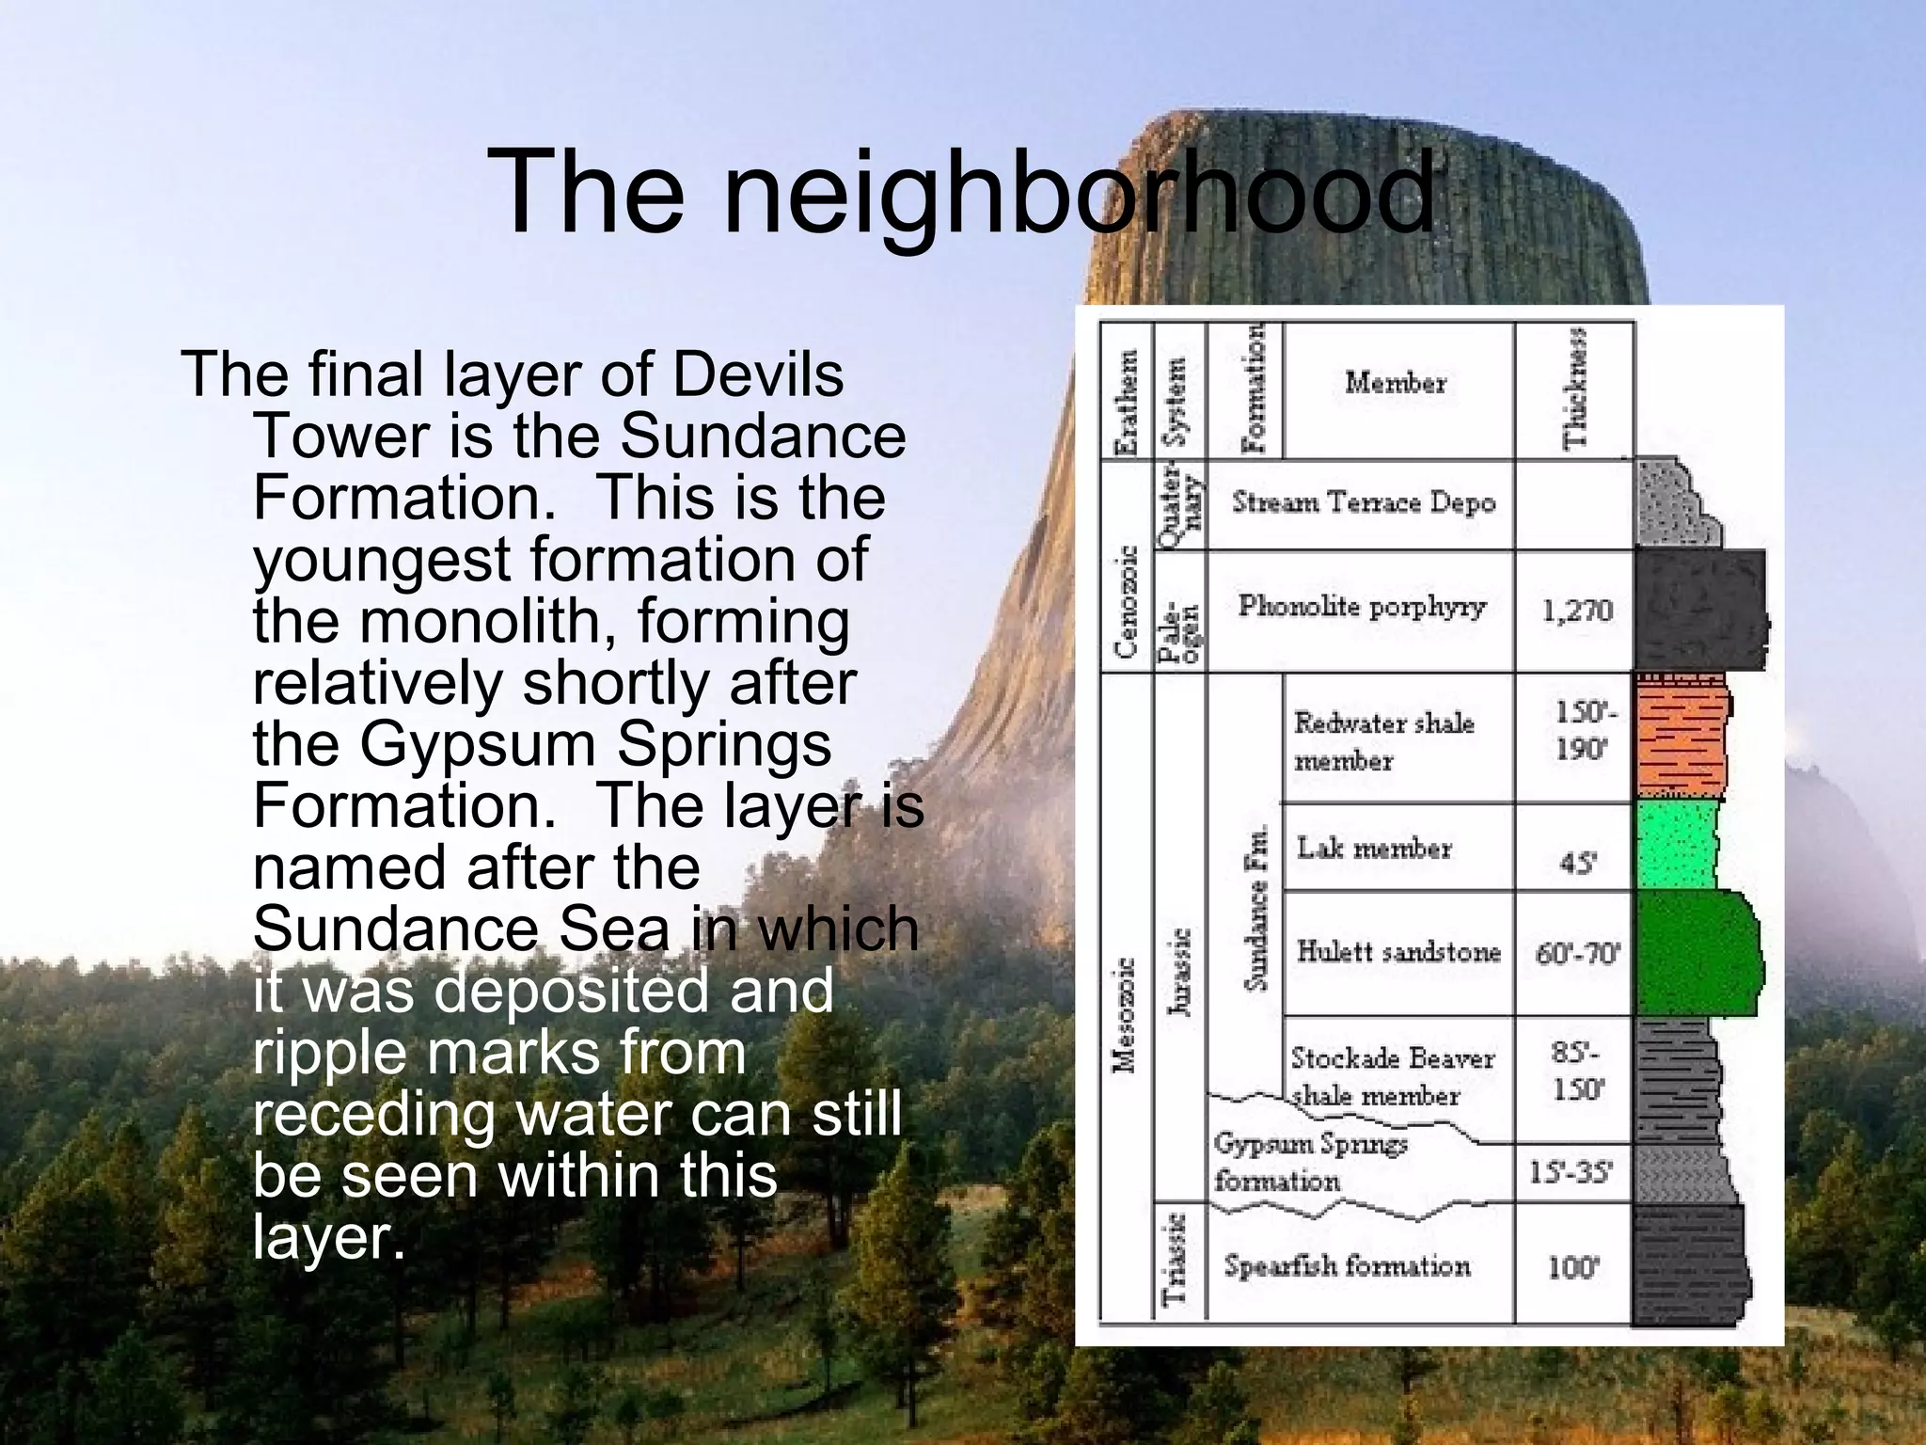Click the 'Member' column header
[1396, 383]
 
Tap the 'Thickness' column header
[1574, 389]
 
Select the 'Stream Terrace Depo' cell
[1363, 503]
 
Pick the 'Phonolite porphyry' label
[1361, 606]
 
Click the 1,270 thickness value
[1577, 611]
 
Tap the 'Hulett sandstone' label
[1397, 952]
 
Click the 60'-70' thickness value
[1577, 954]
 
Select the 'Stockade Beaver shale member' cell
[1391, 1077]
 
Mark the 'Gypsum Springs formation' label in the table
[1309, 1162]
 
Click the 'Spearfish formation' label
[1347, 1266]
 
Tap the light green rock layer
[1678, 845]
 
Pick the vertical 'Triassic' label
[1176, 1261]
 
